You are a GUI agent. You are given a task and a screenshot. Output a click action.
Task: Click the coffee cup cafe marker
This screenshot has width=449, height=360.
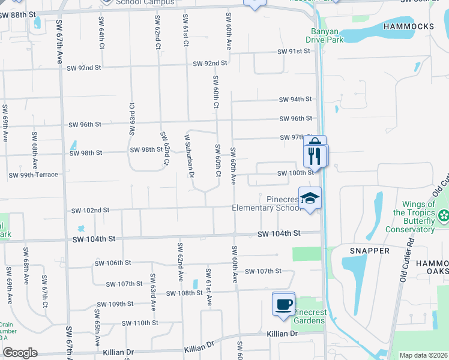coord(283,303)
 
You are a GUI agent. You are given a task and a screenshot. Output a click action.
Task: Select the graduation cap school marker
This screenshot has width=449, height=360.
coord(310,199)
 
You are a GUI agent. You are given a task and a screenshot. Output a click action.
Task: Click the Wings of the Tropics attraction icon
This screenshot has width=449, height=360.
coord(444,215)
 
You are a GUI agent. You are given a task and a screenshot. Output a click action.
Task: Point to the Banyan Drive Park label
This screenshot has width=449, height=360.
coord(327,35)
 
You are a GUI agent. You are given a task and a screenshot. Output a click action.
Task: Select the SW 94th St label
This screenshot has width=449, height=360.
coord(295,99)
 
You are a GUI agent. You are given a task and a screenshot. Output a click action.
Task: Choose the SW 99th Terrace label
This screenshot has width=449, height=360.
coord(33,175)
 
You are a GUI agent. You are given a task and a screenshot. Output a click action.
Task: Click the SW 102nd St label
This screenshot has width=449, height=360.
coord(90,211)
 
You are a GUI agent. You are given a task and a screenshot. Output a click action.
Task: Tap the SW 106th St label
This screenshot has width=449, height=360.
coord(113,263)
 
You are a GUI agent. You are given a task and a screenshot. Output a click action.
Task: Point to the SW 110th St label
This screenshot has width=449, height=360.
coord(139,323)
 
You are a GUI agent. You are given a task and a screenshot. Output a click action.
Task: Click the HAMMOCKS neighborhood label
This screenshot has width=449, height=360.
coord(415,26)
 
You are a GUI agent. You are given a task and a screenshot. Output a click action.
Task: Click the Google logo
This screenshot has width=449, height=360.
coord(19,353)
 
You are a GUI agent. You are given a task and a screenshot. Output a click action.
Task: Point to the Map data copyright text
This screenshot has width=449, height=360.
coord(423,355)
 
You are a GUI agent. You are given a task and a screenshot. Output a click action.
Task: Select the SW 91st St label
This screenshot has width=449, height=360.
coord(294,52)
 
